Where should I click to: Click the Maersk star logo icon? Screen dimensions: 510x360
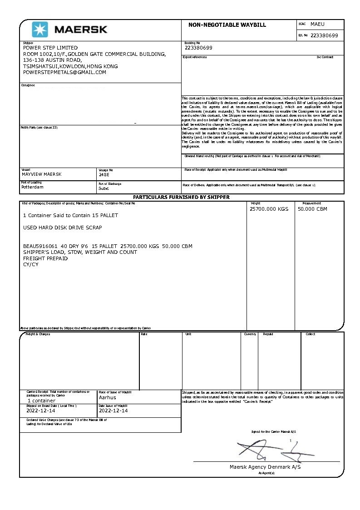[39, 30]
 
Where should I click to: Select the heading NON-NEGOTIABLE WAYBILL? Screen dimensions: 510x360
[227, 25]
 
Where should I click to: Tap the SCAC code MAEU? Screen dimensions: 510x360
[317, 24]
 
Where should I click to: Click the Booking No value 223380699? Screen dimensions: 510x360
[198, 48]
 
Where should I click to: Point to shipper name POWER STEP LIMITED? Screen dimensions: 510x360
[50, 48]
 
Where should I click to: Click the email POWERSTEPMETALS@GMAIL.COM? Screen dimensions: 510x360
[64, 72]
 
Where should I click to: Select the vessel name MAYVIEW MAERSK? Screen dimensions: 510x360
[42, 174]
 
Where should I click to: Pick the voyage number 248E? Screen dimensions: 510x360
[104, 174]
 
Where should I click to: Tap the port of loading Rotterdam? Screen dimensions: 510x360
[33, 187]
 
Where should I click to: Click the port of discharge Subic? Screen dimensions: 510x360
[104, 188]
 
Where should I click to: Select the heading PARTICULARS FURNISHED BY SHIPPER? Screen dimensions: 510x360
[181, 197]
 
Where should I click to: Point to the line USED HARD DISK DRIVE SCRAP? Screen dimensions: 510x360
[63, 228]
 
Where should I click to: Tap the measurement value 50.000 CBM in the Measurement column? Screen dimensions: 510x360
[312, 209]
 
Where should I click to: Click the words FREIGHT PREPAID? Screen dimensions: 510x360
[45, 258]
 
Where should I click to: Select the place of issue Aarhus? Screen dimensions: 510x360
[108, 397]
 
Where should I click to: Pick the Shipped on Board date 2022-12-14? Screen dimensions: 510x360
[41, 411]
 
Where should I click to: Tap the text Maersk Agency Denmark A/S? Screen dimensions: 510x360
[265, 467]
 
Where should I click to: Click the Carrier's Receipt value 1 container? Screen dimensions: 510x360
[41, 401]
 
